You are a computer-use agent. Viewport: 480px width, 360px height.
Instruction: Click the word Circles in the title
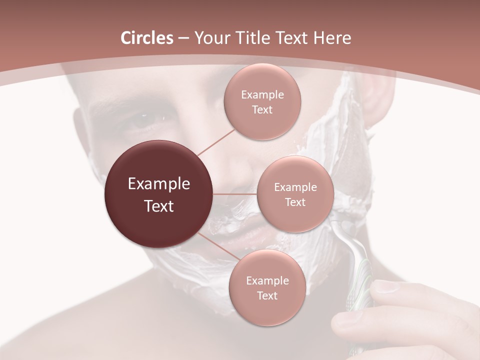[147, 38]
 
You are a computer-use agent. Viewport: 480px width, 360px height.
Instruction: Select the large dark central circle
[159, 194]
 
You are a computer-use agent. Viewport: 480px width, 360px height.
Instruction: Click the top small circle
[262, 101]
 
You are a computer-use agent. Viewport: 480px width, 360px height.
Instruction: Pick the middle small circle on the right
[295, 194]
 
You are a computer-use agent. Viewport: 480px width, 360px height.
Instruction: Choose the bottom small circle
[267, 287]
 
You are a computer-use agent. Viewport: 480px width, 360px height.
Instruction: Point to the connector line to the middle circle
[235, 194]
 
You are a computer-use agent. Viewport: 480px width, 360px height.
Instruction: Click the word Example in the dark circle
[159, 184]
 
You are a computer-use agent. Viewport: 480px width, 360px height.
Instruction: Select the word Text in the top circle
[262, 109]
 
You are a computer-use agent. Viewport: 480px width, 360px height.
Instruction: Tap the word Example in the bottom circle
[267, 280]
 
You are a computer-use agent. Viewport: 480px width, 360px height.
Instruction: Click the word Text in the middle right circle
[295, 202]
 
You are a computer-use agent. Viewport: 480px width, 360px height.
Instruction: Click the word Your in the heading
[210, 38]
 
